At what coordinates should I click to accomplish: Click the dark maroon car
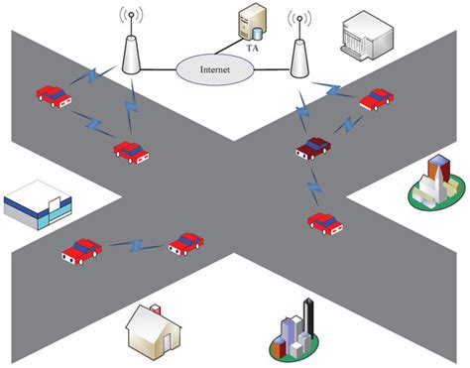tap(311, 148)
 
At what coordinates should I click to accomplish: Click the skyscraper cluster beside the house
tap(294, 332)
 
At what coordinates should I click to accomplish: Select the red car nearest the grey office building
tap(375, 98)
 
